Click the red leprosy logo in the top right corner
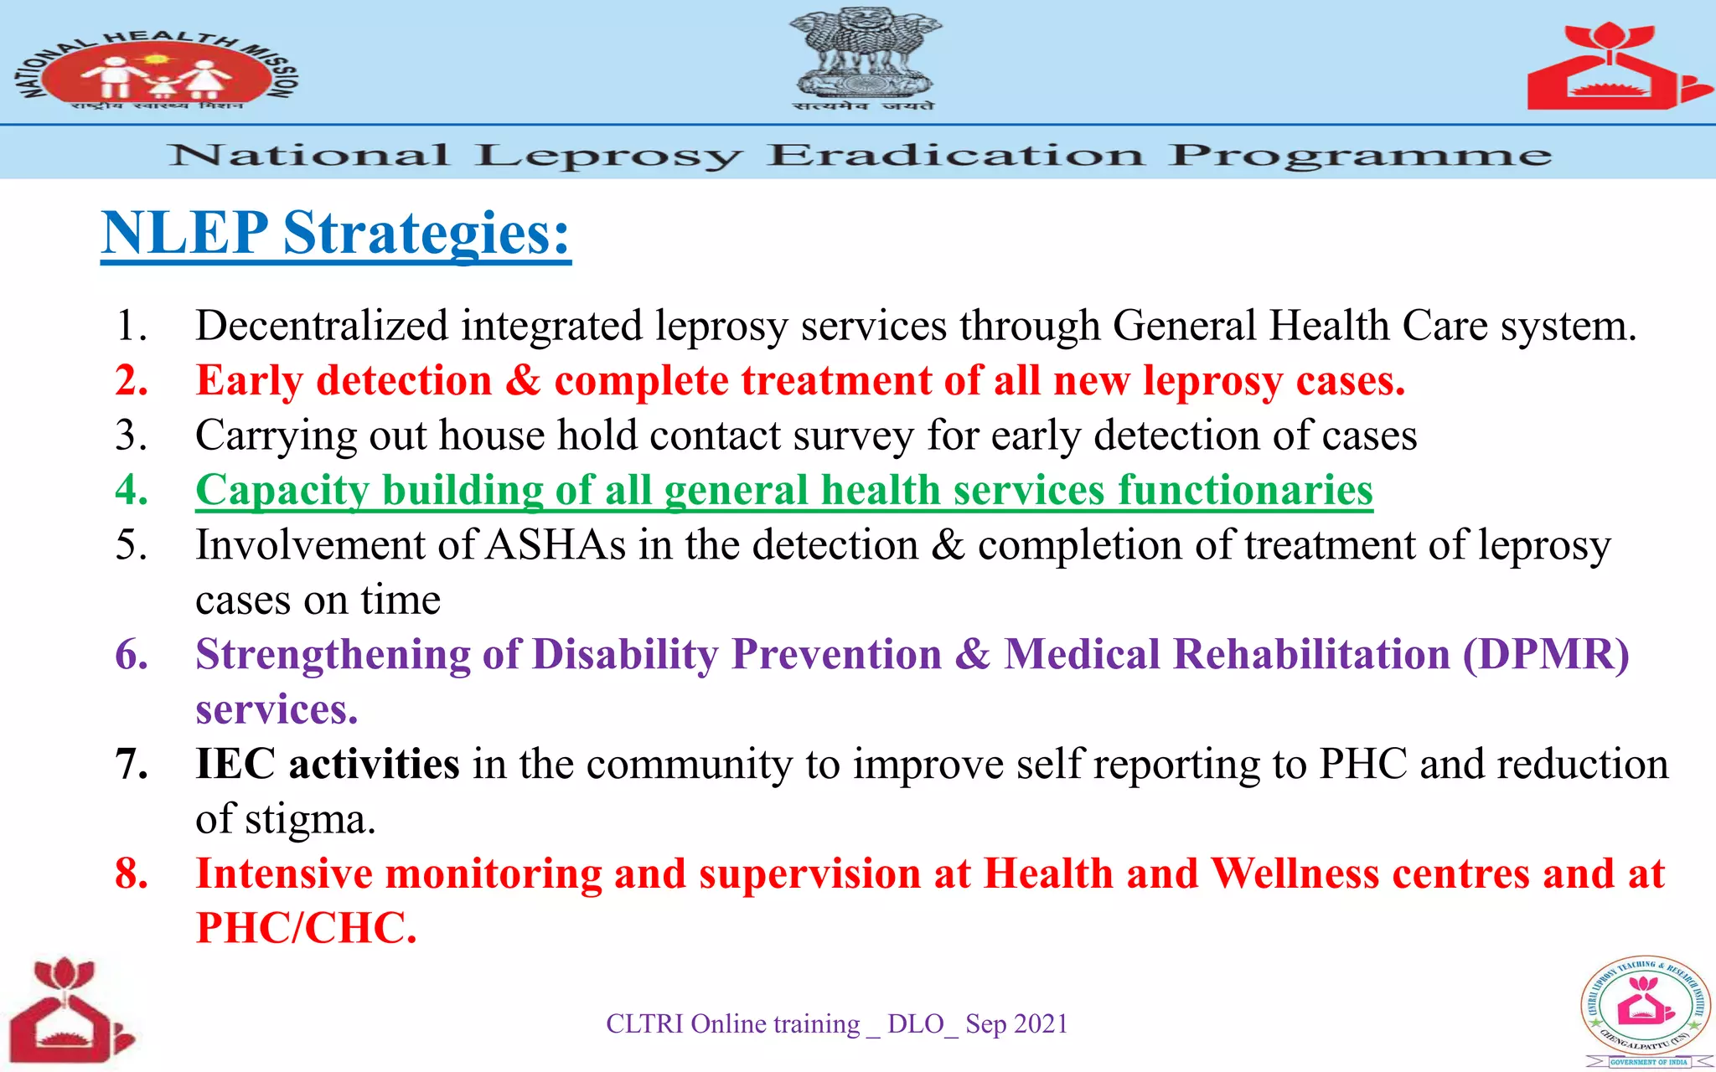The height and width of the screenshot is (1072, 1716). click(1615, 67)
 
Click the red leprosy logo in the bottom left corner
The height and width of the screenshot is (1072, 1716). click(70, 1010)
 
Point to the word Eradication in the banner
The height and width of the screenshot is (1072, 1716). click(955, 156)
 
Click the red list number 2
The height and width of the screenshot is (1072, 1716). click(132, 380)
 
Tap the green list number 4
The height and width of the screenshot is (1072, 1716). click(132, 490)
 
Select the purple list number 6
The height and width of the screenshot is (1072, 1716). click(132, 654)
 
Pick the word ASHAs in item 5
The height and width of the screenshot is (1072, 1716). click(556, 545)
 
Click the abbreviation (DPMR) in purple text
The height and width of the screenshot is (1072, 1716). click(1546, 654)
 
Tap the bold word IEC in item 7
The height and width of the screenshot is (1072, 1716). click(235, 764)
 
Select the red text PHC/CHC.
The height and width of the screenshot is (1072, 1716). click(306, 928)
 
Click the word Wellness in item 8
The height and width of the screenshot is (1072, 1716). click(1295, 874)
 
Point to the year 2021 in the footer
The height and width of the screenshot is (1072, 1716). click(1039, 1024)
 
